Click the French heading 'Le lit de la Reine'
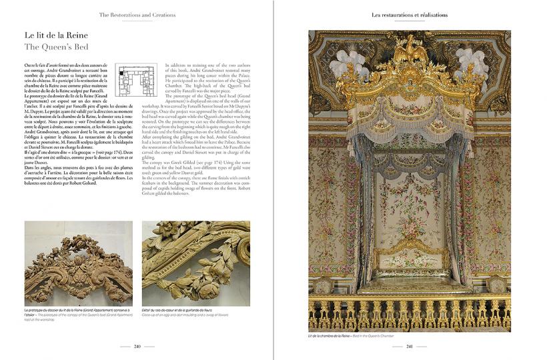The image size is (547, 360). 56,35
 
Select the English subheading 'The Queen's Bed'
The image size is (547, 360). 56,47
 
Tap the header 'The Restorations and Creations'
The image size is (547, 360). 135,14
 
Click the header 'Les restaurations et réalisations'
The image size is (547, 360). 409,14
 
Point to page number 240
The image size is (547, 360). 137,346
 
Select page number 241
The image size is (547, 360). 410,346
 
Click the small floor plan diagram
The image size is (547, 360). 137,83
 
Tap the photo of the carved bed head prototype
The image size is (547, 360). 78,263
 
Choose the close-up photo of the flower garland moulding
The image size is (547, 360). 195,263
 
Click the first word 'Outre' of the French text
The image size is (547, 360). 31,64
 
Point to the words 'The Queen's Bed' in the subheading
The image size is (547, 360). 56,47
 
